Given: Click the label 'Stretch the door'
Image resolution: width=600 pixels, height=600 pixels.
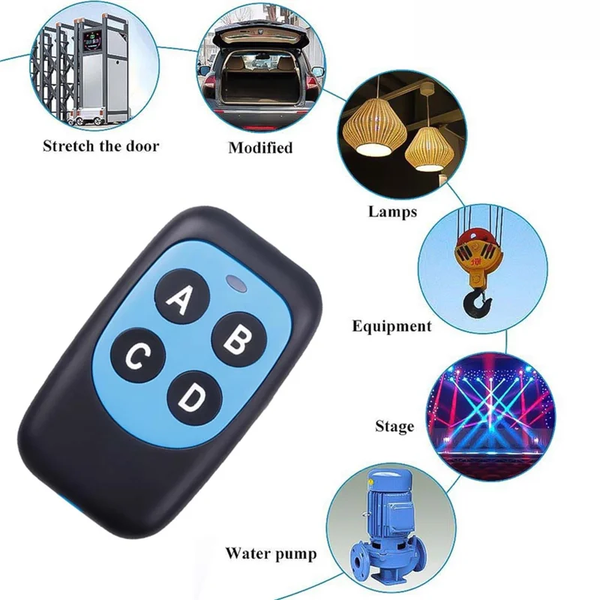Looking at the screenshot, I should pos(100,145).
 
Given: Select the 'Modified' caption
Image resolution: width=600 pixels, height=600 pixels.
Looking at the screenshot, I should pos(260,147).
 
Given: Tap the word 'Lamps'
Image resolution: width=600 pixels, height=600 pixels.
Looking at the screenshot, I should pos(391,211).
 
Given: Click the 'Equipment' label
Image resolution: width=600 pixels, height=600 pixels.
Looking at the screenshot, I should pos(391,325).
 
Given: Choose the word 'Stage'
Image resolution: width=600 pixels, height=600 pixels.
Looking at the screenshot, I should pos(394,427).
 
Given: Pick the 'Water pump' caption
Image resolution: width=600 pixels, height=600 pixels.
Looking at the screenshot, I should pos(271,554).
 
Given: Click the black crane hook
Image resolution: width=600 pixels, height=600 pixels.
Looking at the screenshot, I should pos(476,304).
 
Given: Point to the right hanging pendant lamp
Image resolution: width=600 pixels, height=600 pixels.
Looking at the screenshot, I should pos(430,142).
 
